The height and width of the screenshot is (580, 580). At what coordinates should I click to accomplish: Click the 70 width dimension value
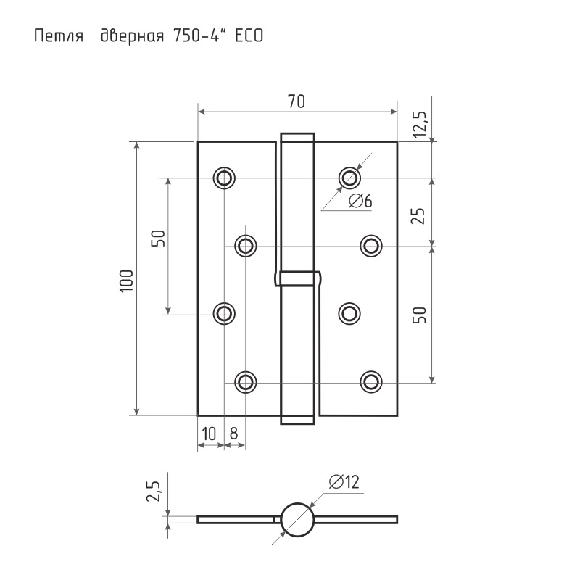coord(297,101)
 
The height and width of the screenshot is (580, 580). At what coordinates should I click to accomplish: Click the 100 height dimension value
coord(126,281)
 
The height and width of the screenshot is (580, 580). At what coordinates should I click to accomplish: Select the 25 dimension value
coord(419,216)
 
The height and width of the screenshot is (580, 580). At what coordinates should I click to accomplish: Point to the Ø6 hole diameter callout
coord(360,202)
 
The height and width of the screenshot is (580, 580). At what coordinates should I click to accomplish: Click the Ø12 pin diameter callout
coord(344,482)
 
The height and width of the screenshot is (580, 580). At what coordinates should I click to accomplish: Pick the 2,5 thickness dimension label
coord(153,492)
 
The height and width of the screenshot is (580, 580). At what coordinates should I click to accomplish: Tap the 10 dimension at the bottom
coord(210,434)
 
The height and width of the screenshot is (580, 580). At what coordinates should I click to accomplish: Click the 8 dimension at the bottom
coord(233,434)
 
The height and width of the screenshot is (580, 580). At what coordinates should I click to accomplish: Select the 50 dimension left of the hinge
coord(158,239)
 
